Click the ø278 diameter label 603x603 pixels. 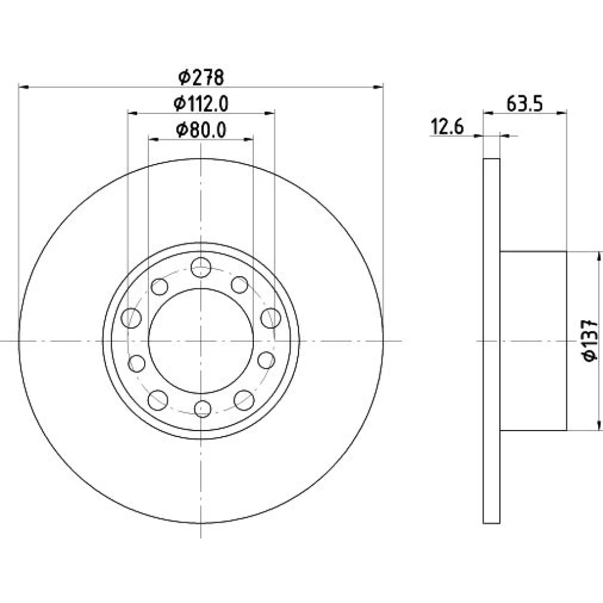click(201, 78)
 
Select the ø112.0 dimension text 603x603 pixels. click(201, 104)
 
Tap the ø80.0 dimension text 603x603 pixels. click(201, 130)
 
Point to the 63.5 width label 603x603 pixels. click(525, 104)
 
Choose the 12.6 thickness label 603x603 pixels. click(447, 127)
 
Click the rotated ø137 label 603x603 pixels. click(591, 340)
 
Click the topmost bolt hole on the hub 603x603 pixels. click(201, 267)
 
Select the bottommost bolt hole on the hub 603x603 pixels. click(203, 408)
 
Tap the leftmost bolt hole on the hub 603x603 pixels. click(131, 318)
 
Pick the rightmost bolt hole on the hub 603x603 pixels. click(271, 318)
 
